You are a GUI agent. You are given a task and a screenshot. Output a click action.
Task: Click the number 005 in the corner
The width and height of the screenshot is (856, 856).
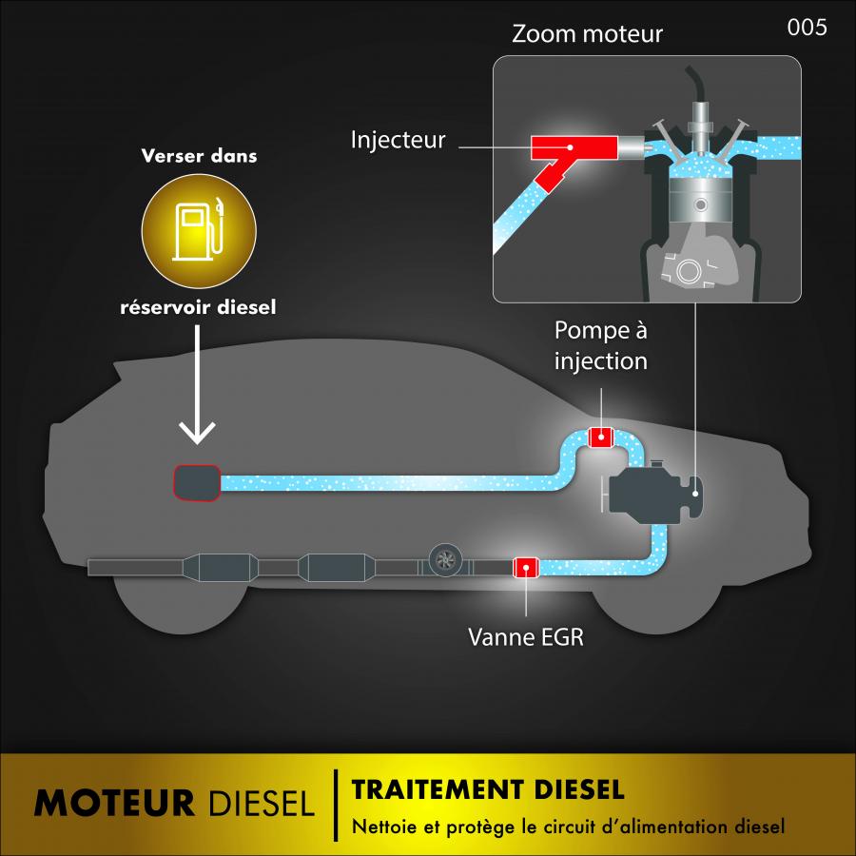pos(807,28)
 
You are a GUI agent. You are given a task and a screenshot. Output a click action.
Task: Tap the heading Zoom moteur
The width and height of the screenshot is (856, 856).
pos(587,34)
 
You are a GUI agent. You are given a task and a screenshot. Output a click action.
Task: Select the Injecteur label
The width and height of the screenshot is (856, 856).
pos(398,141)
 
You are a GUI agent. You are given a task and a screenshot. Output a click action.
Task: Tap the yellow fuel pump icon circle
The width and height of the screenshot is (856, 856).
pos(199,230)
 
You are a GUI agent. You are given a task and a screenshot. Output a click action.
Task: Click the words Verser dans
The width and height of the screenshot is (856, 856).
pos(199,156)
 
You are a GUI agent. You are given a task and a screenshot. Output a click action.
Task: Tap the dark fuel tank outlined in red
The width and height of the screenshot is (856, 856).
pos(196,482)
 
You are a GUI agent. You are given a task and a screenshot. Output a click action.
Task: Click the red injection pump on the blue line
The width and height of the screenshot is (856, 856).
pos(601,438)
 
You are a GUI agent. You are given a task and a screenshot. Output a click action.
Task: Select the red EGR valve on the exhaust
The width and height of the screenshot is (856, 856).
pos(526,568)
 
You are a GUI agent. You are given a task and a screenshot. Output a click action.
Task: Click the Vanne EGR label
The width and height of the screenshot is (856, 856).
pos(525,635)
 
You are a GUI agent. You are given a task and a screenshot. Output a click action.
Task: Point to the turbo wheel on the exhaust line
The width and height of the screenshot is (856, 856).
pos(444,561)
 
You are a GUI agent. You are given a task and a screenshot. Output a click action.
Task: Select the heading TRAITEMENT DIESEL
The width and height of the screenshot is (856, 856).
pos(487,789)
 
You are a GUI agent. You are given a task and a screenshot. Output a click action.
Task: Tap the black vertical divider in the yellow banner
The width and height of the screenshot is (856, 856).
pos(335,805)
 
